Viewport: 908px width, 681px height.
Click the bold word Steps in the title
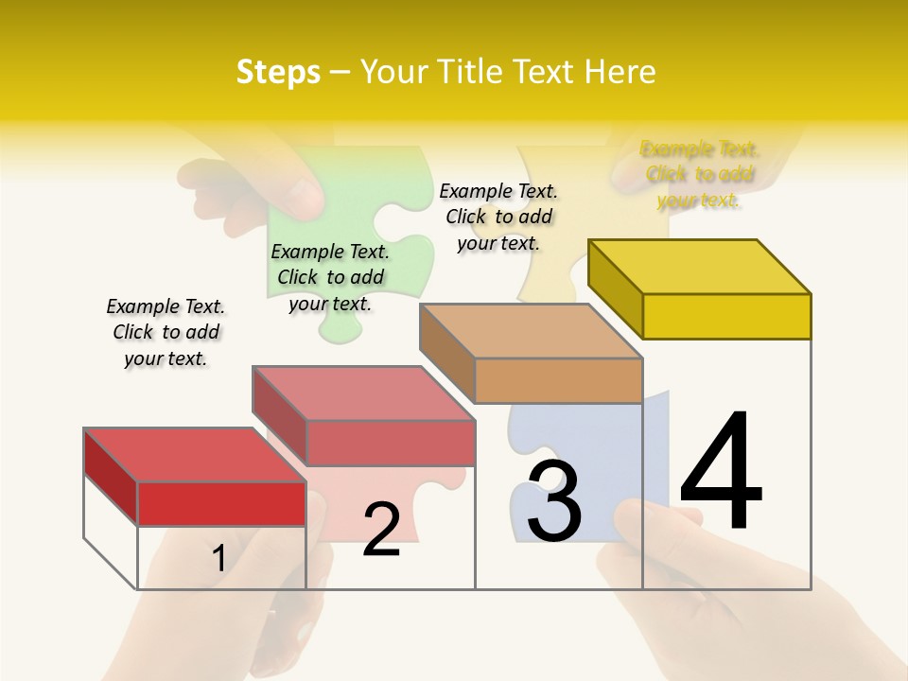tap(278, 72)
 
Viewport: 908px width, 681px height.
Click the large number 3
tap(554, 500)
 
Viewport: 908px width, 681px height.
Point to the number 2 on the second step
tap(381, 530)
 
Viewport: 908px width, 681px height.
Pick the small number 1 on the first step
tap(219, 558)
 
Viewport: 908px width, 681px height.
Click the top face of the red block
tap(195, 455)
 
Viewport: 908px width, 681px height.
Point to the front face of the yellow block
tap(726, 316)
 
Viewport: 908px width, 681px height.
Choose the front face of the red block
tap(221, 503)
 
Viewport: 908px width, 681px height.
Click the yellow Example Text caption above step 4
tap(699, 174)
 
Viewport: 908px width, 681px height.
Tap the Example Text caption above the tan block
tap(498, 217)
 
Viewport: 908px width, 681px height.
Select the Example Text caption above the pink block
tap(330, 277)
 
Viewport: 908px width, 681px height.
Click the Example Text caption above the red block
tap(166, 332)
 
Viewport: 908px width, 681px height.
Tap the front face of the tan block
tap(558, 380)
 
